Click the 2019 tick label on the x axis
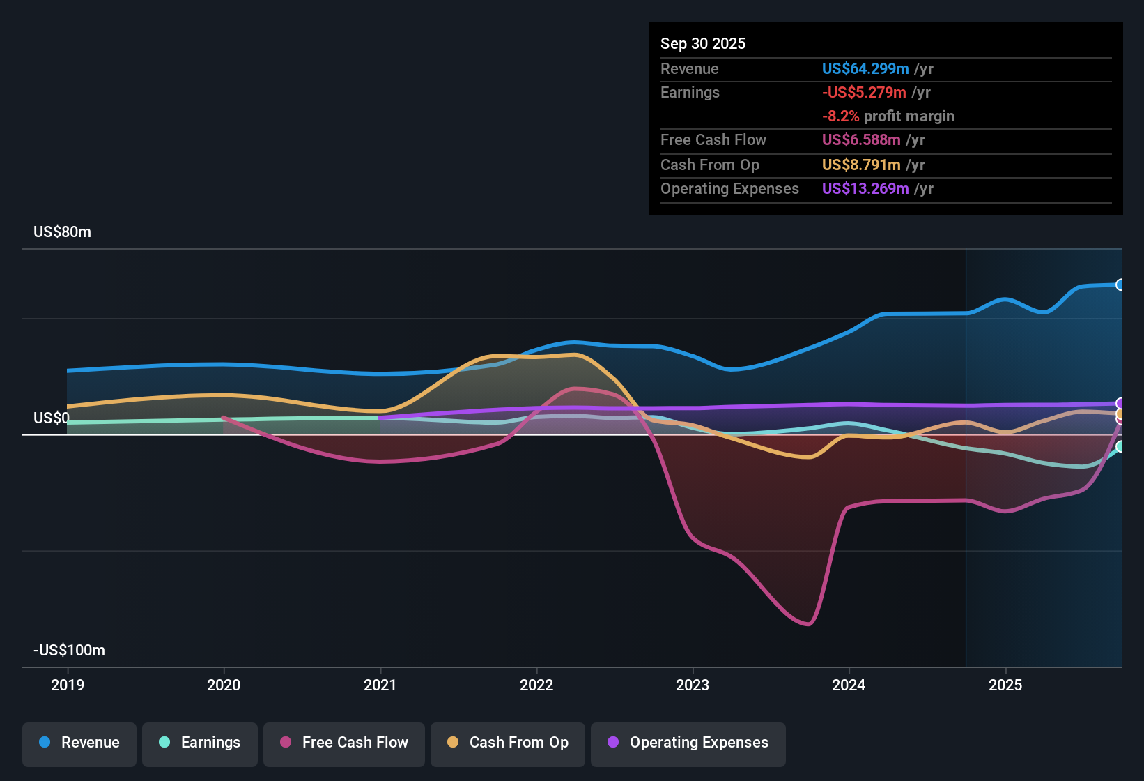[68, 685]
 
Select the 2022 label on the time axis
[536, 685]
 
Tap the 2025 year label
[1005, 685]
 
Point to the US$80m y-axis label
[62, 232]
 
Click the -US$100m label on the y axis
[69, 651]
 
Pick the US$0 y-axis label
[52, 418]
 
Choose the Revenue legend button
[79, 743]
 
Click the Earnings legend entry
[200, 743]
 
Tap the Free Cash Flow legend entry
[344, 743]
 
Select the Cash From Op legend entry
[508, 743]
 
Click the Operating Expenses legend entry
[688, 743]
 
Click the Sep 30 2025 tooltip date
[703, 44]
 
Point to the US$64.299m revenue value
[865, 69]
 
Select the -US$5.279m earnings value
[864, 93]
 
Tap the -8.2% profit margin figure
[840, 116]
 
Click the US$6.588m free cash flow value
[861, 140]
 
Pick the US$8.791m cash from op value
[861, 165]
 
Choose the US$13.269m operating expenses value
[865, 189]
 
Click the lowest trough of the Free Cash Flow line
[807, 624]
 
